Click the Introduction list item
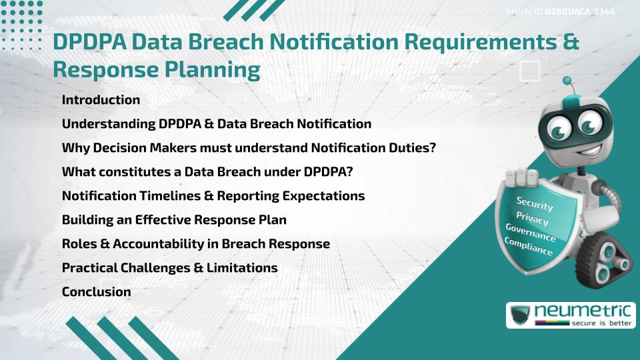(101, 100)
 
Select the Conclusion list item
(96, 291)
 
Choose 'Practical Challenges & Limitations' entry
(169, 267)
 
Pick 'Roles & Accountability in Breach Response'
(195, 243)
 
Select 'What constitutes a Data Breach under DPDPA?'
(207, 171)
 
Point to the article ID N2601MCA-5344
(579, 12)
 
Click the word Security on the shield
(535, 203)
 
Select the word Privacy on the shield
(532, 219)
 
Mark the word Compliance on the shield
(528, 247)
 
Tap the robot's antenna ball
(567, 81)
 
